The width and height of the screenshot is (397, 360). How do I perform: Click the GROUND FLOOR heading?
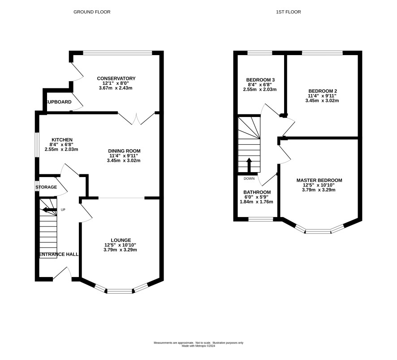92,12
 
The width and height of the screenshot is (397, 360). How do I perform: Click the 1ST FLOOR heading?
289,12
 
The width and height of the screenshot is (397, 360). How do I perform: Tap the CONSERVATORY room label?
116,78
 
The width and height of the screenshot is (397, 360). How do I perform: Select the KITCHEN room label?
62,140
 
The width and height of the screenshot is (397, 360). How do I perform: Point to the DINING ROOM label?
124,151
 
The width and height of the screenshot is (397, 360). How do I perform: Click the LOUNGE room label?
121,240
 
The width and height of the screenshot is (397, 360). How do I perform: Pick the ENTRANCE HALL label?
59,254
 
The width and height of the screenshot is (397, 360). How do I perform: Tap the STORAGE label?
46,187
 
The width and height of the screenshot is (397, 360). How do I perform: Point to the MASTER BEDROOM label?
319,180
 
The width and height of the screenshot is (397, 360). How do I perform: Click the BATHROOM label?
257,192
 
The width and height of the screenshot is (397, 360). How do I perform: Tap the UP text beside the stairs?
63,210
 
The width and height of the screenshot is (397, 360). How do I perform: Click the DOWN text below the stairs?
249,178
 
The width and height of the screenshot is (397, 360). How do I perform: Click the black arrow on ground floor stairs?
50,210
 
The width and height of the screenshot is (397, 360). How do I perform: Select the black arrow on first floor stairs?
249,165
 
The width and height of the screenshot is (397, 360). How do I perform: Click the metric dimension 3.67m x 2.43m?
116,88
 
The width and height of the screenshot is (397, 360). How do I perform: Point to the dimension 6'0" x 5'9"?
256,197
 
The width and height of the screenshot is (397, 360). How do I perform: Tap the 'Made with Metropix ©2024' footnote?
198,346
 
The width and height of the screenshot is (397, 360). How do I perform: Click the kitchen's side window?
37,145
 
